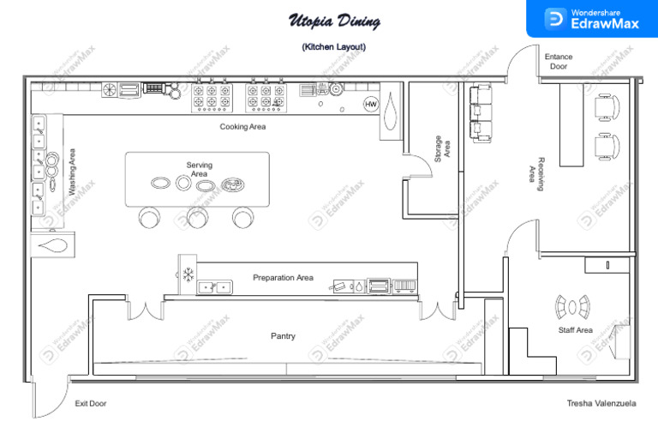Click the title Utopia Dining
pyautogui.click(x=333, y=21)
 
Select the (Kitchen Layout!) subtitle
pyautogui.click(x=333, y=47)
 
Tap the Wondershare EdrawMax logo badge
pyautogui.click(x=592, y=19)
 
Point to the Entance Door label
pyautogui.click(x=559, y=61)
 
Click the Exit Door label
pyautogui.click(x=91, y=403)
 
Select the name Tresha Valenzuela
pyautogui.click(x=603, y=403)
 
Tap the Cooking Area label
pyautogui.click(x=242, y=127)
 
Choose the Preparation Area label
pyautogui.click(x=283, y=278)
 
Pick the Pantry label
pyautogui.click(x=283, y=336)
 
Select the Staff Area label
pyautogui.click(x=575, y=330)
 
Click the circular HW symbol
pyautogui.click(x=371, y=104)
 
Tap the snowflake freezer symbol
pyautogui.click(x=187, y=275)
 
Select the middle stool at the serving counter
pyautogui.click(x=198, y=219)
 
